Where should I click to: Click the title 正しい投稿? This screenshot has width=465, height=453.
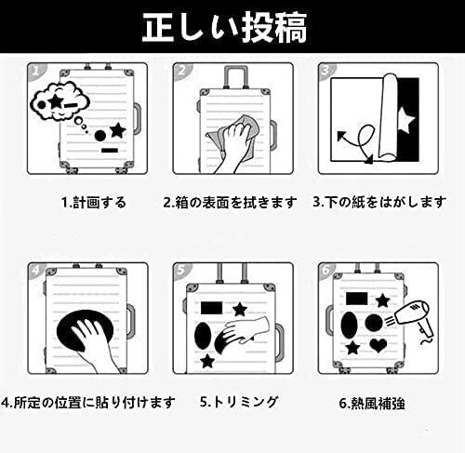224,27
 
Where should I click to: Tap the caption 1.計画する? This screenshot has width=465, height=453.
94,203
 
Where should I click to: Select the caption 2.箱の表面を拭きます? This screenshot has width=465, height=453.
230,203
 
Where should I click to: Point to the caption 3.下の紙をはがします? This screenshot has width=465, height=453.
379,202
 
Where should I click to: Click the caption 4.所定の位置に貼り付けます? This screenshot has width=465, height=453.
88,403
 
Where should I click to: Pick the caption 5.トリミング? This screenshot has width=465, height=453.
239,402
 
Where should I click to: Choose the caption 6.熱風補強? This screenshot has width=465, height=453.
372,404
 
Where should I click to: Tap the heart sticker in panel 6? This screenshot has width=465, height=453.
379,345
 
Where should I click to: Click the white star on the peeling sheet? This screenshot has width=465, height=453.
405,120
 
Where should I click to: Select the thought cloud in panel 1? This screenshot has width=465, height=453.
59,100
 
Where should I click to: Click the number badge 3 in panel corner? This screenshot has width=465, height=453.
325,71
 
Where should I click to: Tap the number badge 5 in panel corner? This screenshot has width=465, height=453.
179,271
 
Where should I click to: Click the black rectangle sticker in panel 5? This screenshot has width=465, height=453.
212,308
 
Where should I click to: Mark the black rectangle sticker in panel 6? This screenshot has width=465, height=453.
356,299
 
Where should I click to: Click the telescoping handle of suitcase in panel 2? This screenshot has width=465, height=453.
236,77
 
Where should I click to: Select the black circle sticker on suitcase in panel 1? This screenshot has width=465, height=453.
100,136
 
